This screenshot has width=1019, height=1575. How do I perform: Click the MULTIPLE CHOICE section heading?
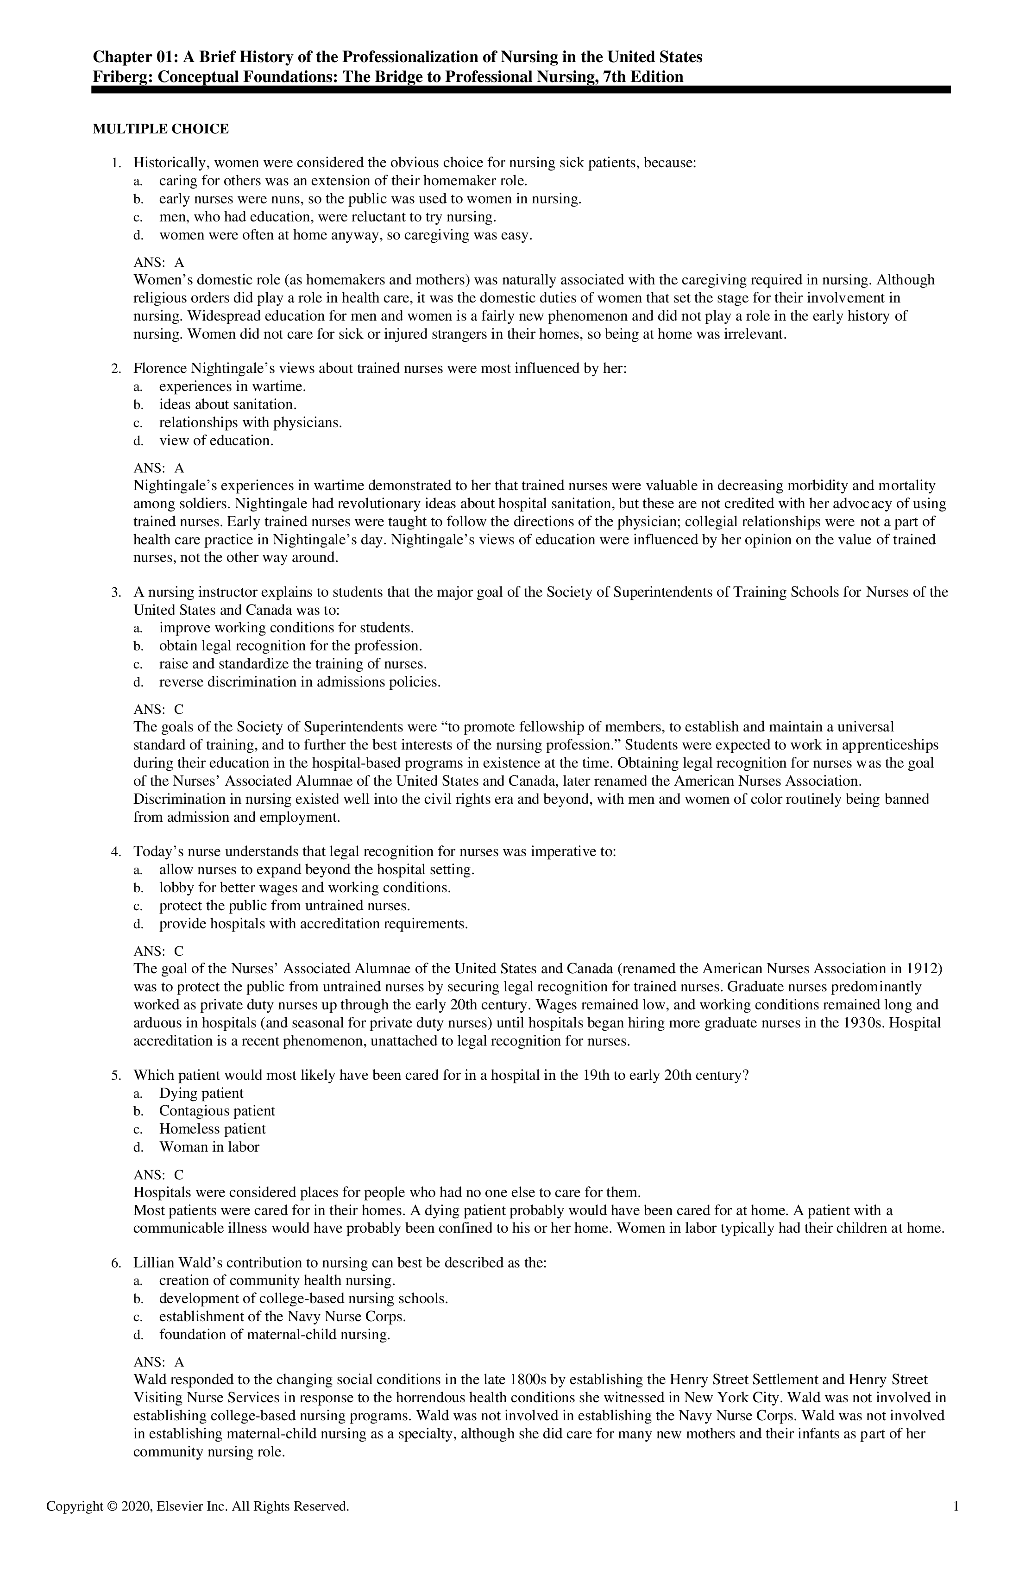point(161,129)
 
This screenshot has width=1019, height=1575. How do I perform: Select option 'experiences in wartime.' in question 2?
point(232,386)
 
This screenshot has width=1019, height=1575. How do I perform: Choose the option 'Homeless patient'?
point(212,1129)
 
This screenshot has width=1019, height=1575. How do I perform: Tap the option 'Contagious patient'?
point(216,1111)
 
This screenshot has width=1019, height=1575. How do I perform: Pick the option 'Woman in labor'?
point(209,1147)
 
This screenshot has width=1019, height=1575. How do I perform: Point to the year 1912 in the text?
point(924,969)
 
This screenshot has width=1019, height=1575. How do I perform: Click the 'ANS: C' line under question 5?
point(159,1175)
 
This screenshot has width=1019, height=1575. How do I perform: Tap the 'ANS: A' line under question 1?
point(159,262)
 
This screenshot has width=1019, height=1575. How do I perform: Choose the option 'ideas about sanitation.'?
point(227,404)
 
